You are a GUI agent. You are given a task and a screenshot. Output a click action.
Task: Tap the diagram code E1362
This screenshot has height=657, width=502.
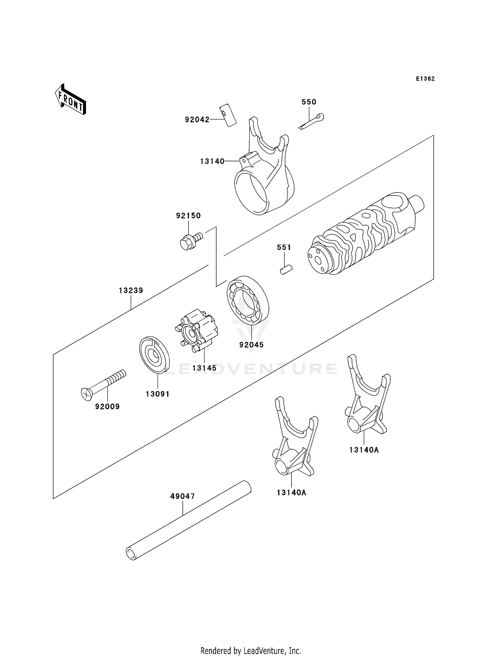pos(425,79)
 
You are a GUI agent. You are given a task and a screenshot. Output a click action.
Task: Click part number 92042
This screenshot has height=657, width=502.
pos(197,119)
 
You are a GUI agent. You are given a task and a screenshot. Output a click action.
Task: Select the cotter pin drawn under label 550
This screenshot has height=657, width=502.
pos(312,121)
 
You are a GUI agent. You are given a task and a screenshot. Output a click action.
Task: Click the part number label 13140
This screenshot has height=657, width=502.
pos(212,161)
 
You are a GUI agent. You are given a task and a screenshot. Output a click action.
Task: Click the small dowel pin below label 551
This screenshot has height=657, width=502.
pos(286,269)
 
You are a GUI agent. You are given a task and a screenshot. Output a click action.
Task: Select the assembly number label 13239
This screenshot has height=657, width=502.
pos(131,291)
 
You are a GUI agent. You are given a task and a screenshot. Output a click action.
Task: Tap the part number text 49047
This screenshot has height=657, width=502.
pos(182,496)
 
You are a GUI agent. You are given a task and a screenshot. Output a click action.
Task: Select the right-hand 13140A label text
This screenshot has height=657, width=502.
pos(364,450)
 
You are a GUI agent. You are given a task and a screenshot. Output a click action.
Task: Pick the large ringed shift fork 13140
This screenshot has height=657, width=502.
pos(264,177)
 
